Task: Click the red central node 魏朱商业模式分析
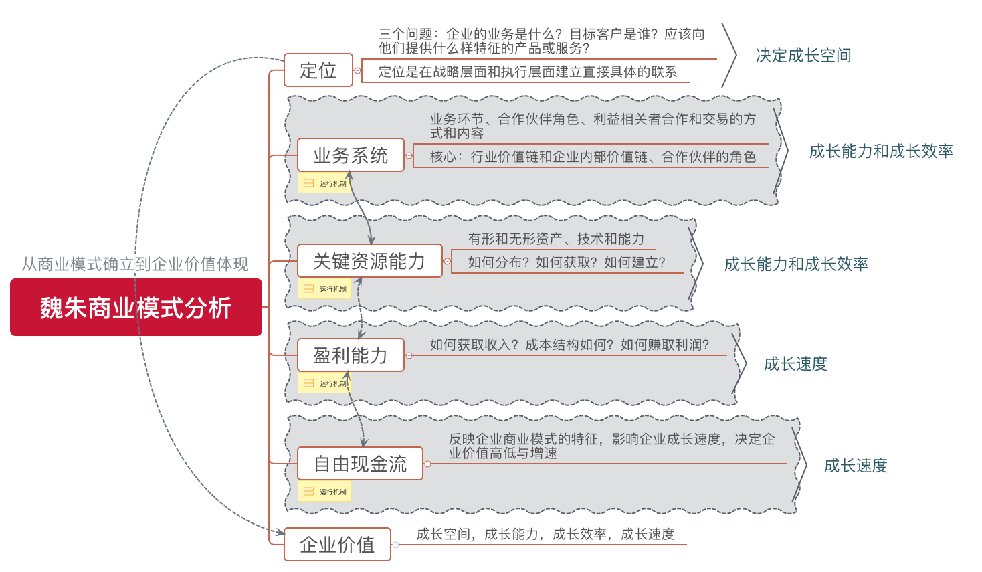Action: point(136,307)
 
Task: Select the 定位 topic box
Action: point(318,70)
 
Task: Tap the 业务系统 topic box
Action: point(351,155)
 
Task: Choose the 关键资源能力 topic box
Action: point(369,261)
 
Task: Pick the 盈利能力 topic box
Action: point(351,355)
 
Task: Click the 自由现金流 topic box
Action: point(360,464)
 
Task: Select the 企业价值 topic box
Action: point(337,545)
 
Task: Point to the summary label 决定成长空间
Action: point(803,56)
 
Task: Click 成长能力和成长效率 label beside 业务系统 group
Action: point(881,151)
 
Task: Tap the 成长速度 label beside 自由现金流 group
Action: point(856,466)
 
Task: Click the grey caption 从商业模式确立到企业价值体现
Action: point(135,264)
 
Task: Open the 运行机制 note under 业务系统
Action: point(325,183)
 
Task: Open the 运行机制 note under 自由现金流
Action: point(325,492)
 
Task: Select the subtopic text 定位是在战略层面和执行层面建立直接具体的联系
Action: point(527,72)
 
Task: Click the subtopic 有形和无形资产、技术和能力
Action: point(556,239)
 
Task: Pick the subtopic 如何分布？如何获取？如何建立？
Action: point(567,262)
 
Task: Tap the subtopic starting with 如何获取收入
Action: point(569,345)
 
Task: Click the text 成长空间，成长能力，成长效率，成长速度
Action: point(545,534)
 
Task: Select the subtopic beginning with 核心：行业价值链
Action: point(593,157)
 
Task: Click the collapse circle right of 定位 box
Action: point(357,70)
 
